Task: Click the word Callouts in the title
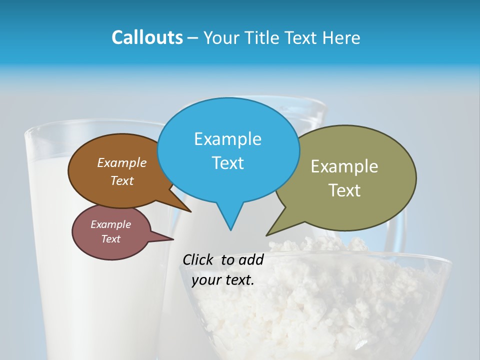[x=147, y=37]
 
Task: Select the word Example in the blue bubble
[x=227, y=139]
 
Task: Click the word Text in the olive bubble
[x=344, y=190]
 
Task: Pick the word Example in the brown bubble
[x=121, y=163]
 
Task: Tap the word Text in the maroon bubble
[x=110, y=239]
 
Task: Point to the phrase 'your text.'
[x=223, y=280]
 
